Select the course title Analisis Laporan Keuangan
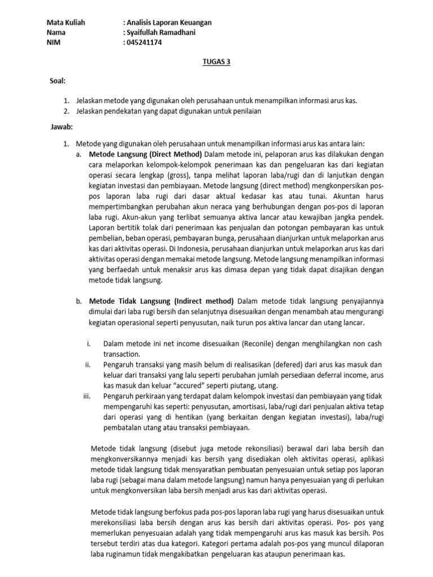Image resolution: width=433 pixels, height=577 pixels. click(x=169, y=23)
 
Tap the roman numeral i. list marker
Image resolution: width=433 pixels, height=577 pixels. click(x=89, y=343)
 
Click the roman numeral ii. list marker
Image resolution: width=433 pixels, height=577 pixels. click(x=88, y=365)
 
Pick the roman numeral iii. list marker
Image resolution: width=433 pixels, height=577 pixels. click(x=87, y=396)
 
